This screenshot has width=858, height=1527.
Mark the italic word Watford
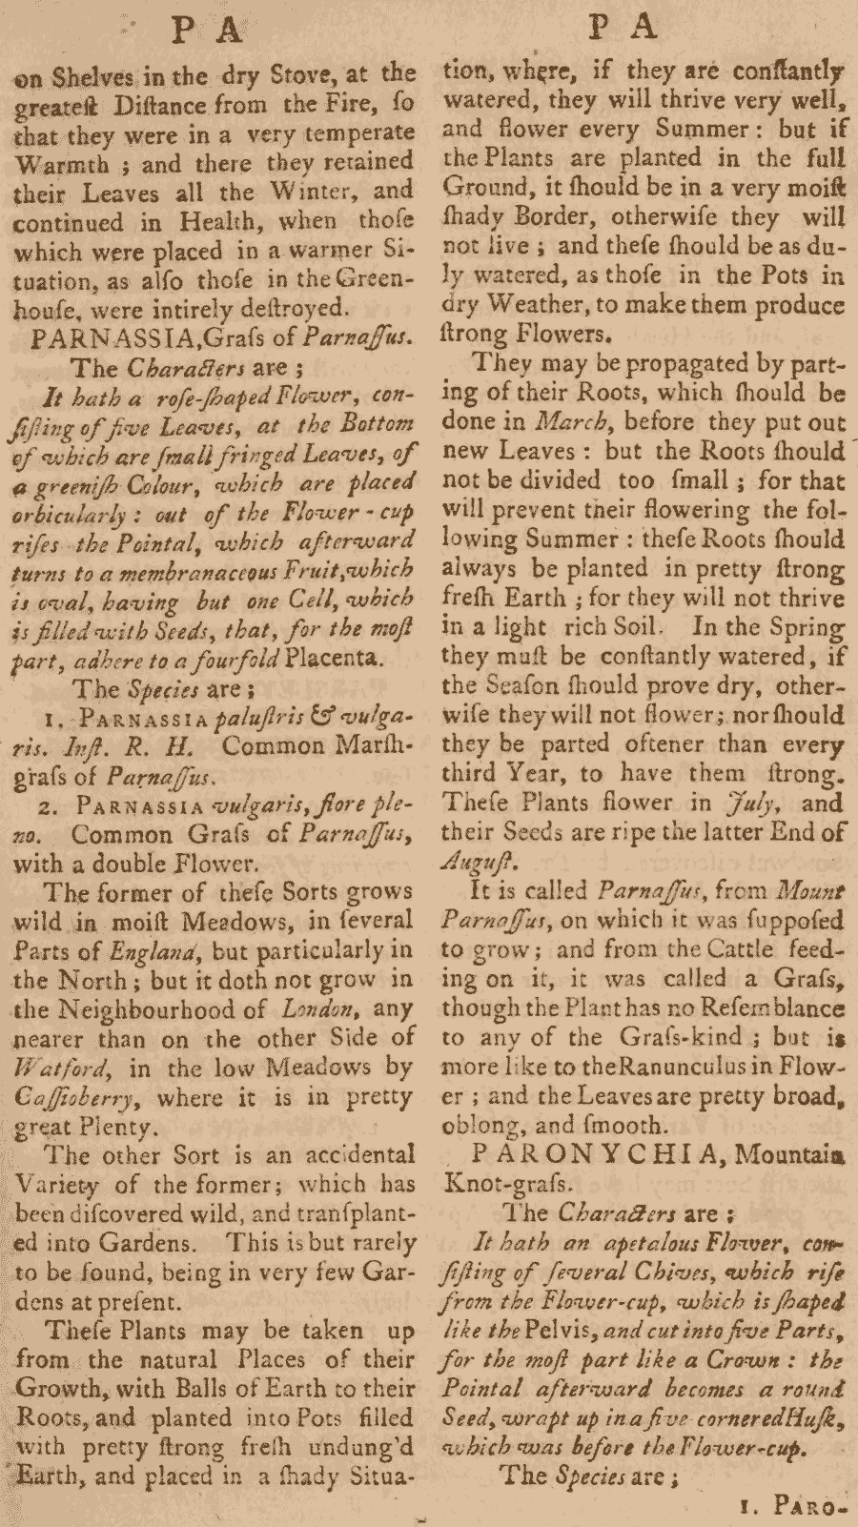click(52, 1068)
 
